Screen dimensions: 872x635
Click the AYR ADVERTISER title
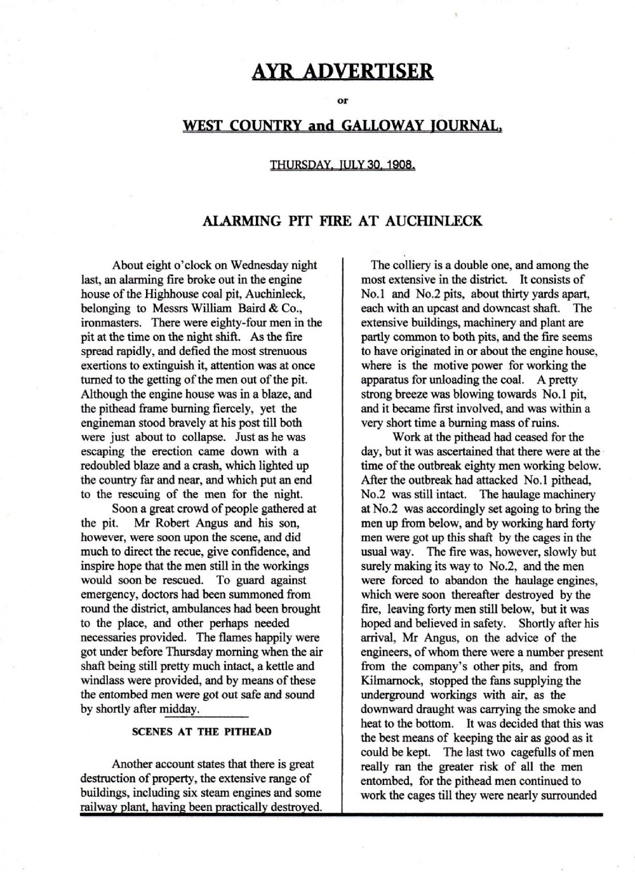point(342,71)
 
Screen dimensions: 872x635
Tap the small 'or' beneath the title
point(342,99)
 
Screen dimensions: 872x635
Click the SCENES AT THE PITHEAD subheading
point(201,732)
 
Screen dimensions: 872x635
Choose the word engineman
point(111,422)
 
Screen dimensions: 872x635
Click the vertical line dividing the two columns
point(343,533)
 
